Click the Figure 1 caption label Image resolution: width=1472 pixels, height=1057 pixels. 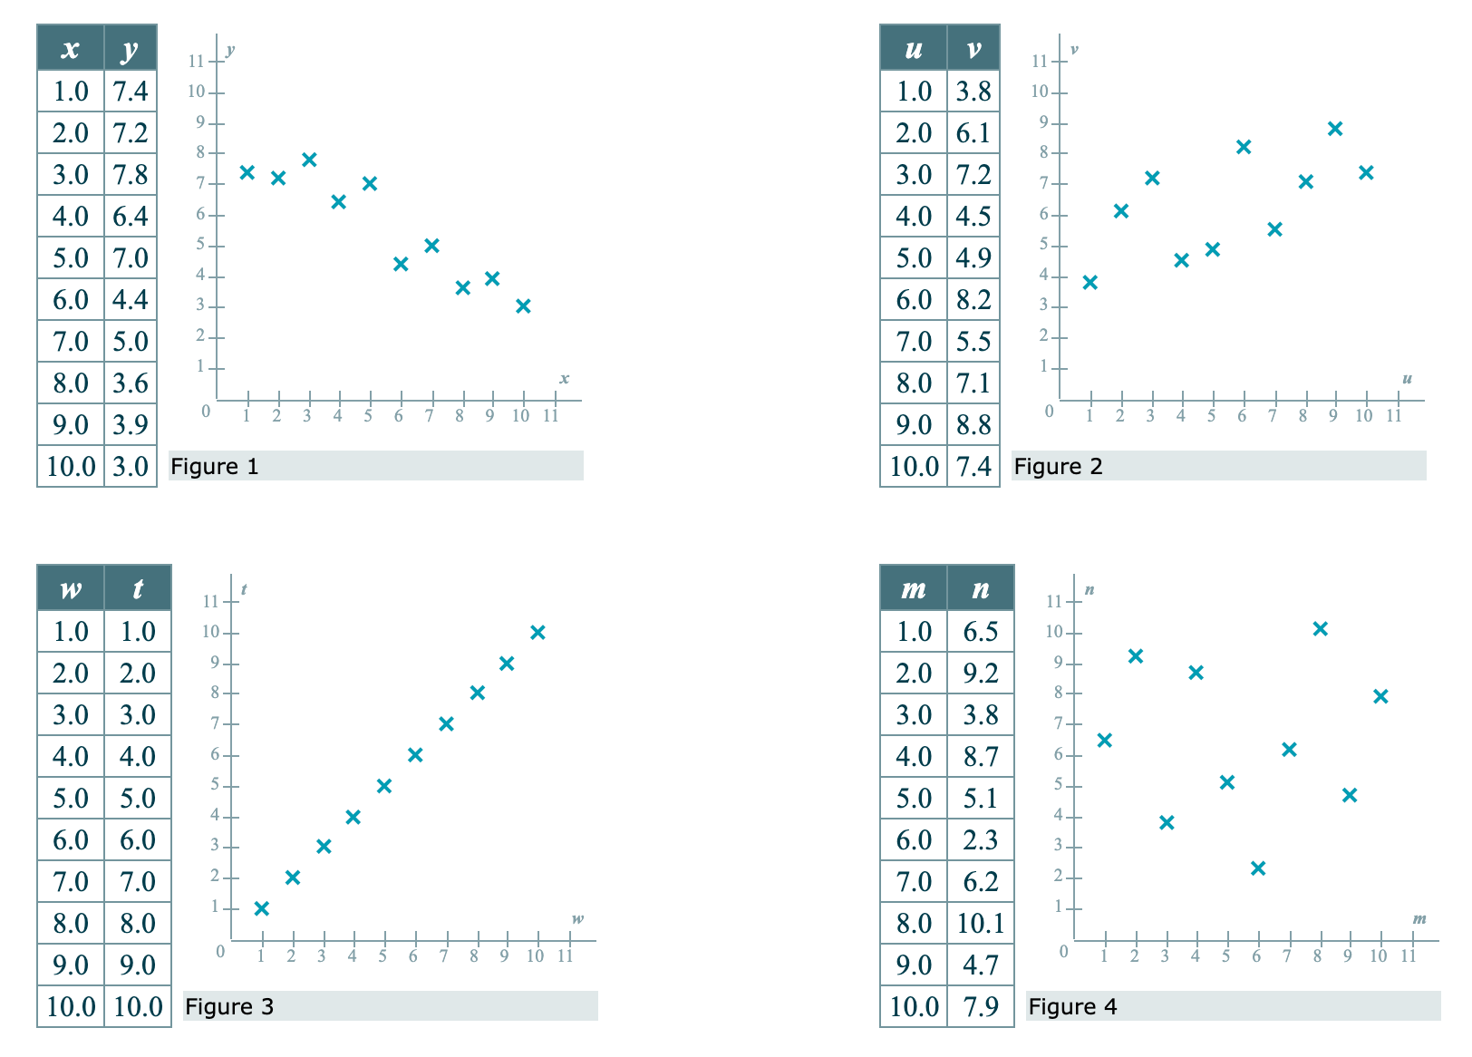click(215, 467)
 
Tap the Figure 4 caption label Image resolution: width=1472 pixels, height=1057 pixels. click(1072, 1007)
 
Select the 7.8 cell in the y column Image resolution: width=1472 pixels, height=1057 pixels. click(131, 174)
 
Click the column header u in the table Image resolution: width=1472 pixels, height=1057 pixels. click(914, 49)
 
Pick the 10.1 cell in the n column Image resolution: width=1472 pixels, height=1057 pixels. click(981, 923)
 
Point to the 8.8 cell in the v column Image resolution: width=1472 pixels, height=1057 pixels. click(973, 424)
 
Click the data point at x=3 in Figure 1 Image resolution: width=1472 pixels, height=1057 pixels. click(309, 160)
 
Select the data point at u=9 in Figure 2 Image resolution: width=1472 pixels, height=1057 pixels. click(1334, 129)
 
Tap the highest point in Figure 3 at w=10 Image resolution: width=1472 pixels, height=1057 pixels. click(537, 632)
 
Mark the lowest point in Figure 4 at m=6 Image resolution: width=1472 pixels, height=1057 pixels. click(1258, 868)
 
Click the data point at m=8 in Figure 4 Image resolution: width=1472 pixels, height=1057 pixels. click(1320, 628)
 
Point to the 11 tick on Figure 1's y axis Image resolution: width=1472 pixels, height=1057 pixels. click(196, 62)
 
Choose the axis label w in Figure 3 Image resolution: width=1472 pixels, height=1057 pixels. click(577, 918)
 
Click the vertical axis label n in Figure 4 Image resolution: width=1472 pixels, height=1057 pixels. click(1089, 589)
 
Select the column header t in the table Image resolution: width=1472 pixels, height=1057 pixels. click(138, 589)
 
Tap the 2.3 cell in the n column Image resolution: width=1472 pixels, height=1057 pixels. click(981, 839)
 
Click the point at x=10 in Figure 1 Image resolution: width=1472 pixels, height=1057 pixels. click(523, 305)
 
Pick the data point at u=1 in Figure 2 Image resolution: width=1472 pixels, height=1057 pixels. click(1090, 282)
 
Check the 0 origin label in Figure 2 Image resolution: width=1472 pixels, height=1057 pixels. click(1050, 412)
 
